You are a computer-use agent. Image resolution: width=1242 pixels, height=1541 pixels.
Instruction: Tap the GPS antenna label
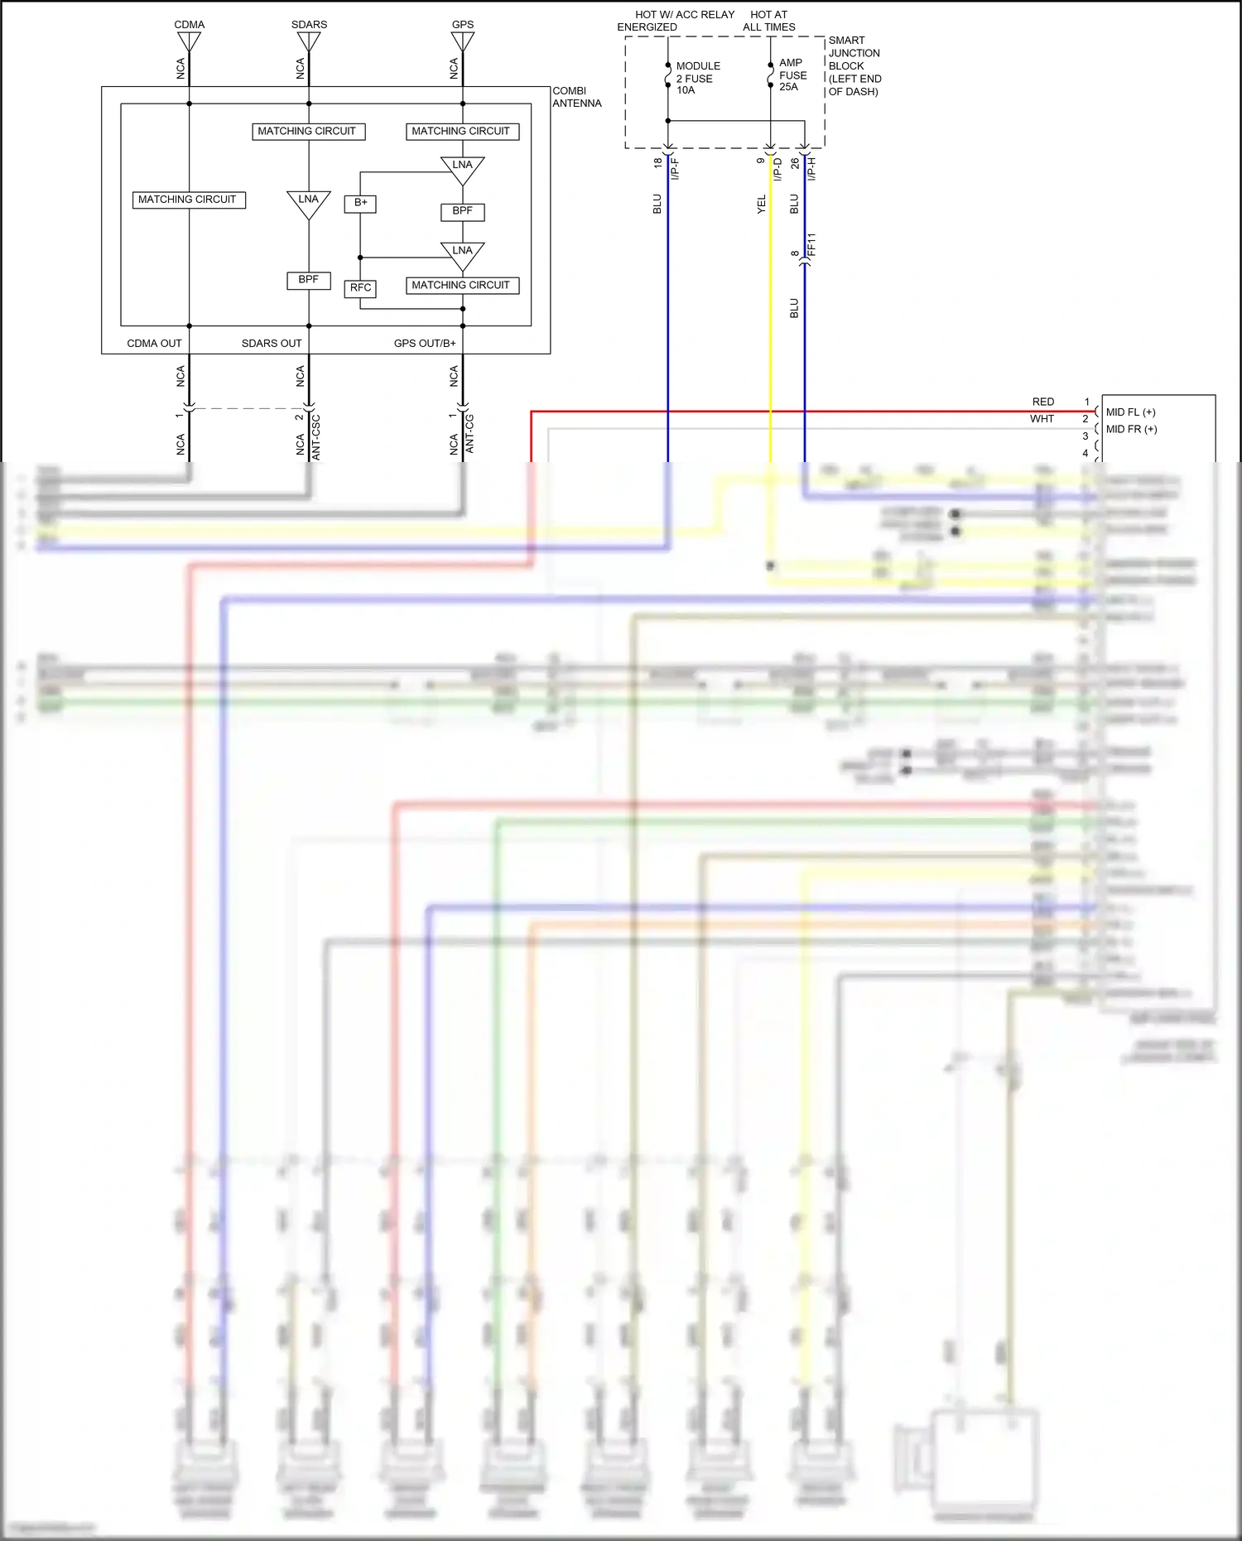point(463,24)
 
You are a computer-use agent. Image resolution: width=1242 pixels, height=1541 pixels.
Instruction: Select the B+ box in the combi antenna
point(360,203)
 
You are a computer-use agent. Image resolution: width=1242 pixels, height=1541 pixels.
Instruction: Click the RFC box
point(360,288)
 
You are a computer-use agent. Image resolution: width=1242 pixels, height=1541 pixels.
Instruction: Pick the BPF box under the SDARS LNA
point(309,280)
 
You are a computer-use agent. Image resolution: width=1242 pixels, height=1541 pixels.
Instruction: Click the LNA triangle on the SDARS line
point(309,203)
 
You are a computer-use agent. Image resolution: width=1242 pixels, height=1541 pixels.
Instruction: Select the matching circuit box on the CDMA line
point(189,200)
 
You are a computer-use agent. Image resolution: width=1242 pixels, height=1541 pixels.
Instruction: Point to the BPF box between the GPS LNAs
point(462,211)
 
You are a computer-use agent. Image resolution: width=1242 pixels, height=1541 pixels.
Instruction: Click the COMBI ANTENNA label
point(576,97)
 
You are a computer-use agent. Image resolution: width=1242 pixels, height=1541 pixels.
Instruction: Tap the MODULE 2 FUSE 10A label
point(697,78)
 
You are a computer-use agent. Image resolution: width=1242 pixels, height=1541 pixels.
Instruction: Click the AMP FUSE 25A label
point(792,75)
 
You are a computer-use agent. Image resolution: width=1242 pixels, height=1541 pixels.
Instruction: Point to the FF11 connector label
point(812,244)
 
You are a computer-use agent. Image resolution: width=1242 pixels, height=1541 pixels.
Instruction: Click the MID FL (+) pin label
point(1130,412)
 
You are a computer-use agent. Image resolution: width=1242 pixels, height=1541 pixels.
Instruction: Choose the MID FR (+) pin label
point(1131,429)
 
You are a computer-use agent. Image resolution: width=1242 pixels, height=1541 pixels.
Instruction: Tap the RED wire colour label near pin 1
point(1042,402)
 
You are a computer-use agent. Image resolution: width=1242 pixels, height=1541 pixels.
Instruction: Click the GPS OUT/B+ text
point(425,343)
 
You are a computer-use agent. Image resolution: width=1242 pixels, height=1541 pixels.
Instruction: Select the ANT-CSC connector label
point(315,437)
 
